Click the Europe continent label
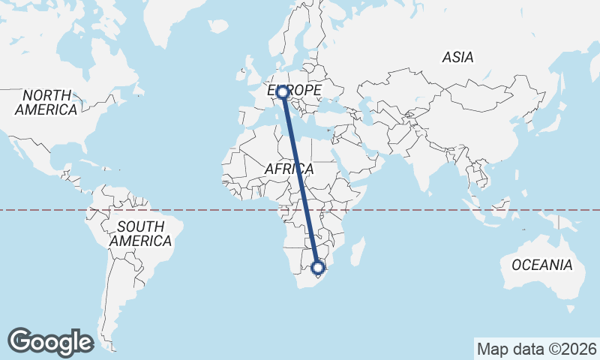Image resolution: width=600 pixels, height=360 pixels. [295, 90]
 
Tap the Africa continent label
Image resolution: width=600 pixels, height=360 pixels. [289, 169]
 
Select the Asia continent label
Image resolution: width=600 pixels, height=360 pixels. [457, 57]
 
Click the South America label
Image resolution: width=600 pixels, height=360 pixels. [140, 233]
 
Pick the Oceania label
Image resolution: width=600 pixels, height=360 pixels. [541, 265]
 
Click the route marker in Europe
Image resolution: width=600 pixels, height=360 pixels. [282, 92]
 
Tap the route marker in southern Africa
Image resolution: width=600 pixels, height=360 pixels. [318, 267]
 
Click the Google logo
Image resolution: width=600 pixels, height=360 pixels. [50, 341]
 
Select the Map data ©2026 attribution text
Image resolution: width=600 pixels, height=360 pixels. [536, 349]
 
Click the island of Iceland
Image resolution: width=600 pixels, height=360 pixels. [218, 26]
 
